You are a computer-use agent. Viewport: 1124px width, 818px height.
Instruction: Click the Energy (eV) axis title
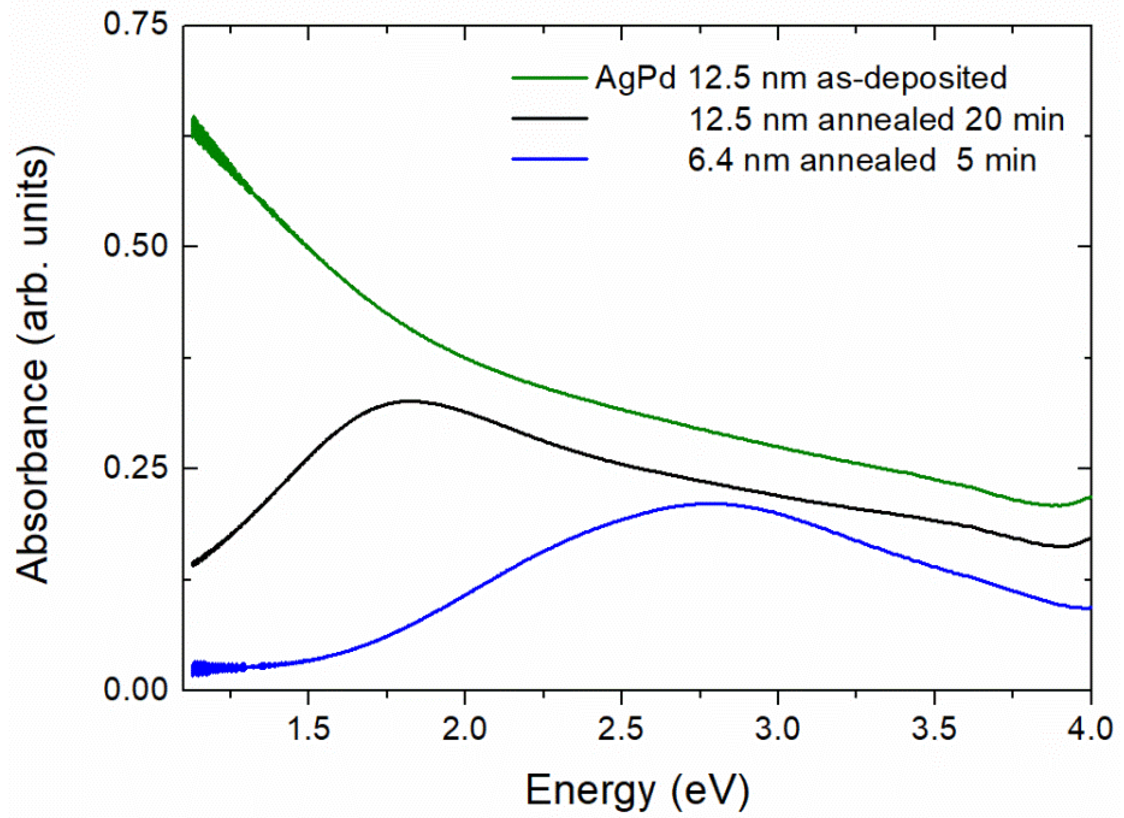tap(637, 790)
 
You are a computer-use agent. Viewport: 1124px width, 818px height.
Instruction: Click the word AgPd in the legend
tap(635, 78)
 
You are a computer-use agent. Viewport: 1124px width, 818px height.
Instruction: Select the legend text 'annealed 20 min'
tap(941, 120)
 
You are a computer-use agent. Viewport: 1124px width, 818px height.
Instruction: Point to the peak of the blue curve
tap(713, 503)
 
